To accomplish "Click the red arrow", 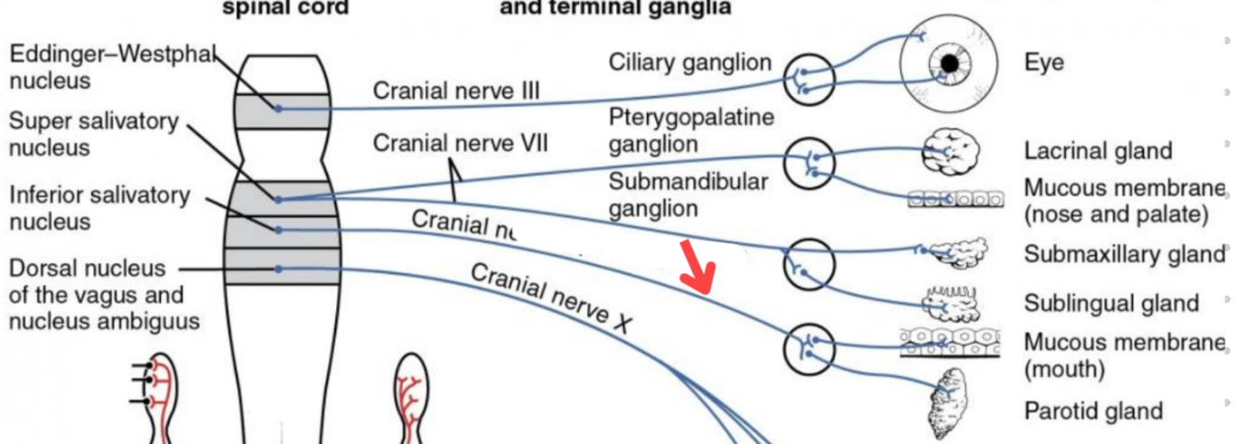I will click(x=698, y=269).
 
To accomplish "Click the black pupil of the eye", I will click(x=950, y=63).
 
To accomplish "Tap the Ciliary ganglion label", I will click(x=690, y=62).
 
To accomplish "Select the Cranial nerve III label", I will click(x=456, y=90).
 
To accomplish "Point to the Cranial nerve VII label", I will click(x=461, y=143).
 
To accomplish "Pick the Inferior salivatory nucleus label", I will click(x=99, y=208).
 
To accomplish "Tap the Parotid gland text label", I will click(x=1093, y=411).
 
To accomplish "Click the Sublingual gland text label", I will click(x=1111, y=303).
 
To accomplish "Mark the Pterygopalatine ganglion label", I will click(x=691, y=130).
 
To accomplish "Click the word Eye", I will click(x=1043, y=62).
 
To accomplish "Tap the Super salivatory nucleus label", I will click(x=94, y=134).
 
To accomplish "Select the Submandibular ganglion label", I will click(x=688, y=194).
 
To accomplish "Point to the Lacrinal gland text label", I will click(x=1098, y=151).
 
